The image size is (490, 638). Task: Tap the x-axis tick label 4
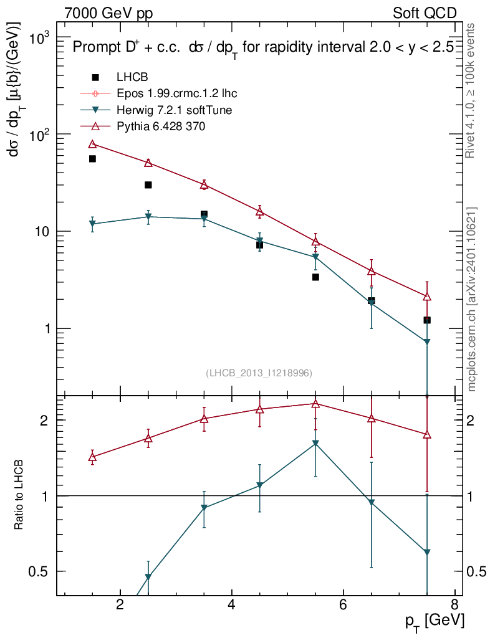[231, 605]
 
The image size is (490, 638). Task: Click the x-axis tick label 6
[343, 605]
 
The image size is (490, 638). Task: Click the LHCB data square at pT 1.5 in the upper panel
[92, 159]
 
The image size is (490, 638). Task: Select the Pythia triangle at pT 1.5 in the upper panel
[92, 144]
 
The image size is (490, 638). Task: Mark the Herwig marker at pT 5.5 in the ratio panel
[315, 444]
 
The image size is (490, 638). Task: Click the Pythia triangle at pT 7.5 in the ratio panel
[427, 435]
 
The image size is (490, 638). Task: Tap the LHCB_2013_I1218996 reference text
[259, 373]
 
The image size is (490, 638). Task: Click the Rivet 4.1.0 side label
[471, 91]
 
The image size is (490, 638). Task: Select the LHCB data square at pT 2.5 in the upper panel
[148, 185]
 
